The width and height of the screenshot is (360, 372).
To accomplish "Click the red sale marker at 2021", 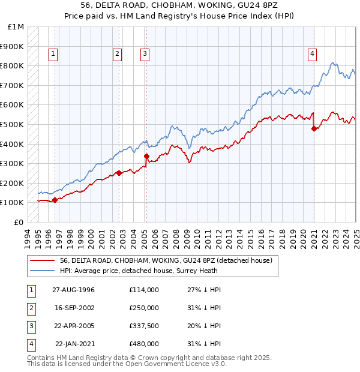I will coord(314,128).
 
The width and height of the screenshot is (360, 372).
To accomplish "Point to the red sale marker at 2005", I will coord(146,156).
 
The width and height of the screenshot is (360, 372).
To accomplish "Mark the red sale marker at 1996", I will coord(55,200).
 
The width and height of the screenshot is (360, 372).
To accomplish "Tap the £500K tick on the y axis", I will coord(12,124).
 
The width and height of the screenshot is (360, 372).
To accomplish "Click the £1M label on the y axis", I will coord(16,27).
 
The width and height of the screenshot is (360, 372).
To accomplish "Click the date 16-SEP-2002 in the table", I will coord(74,308).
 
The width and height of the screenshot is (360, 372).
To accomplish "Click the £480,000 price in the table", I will coord(144,344).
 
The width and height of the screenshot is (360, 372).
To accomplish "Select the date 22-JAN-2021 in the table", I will coord(74,344).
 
